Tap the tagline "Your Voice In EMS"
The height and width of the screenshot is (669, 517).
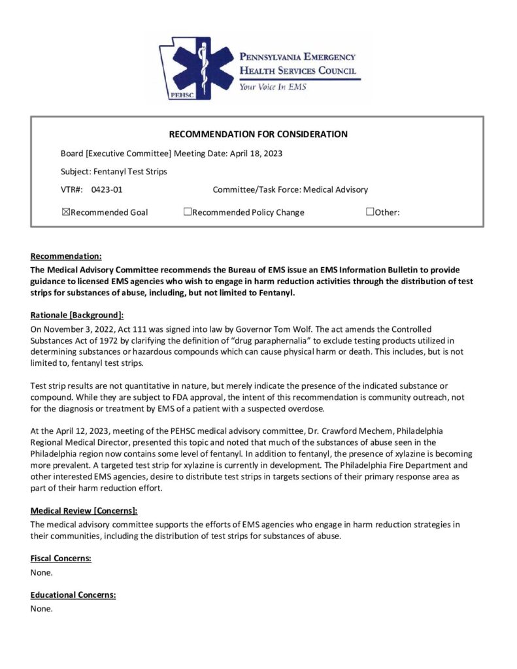[x=272, y=86]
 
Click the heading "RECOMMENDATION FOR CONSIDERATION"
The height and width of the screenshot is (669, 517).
[x=258, y=135]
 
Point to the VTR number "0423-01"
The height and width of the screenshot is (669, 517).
[x=107, y=190]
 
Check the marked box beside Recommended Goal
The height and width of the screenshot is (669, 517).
[x=65, y=212]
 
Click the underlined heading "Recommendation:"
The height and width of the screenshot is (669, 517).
[x=66, y=256]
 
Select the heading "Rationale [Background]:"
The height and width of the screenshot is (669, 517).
[x=77, y=315]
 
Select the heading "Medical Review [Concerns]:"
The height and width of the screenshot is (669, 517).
[x=84, y=511]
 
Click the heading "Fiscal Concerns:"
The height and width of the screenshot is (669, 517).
[x=61, y=559]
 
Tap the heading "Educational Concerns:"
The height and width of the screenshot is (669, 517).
[x=73, y=595]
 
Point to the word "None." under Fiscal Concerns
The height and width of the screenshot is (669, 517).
[x=41, y=572]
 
